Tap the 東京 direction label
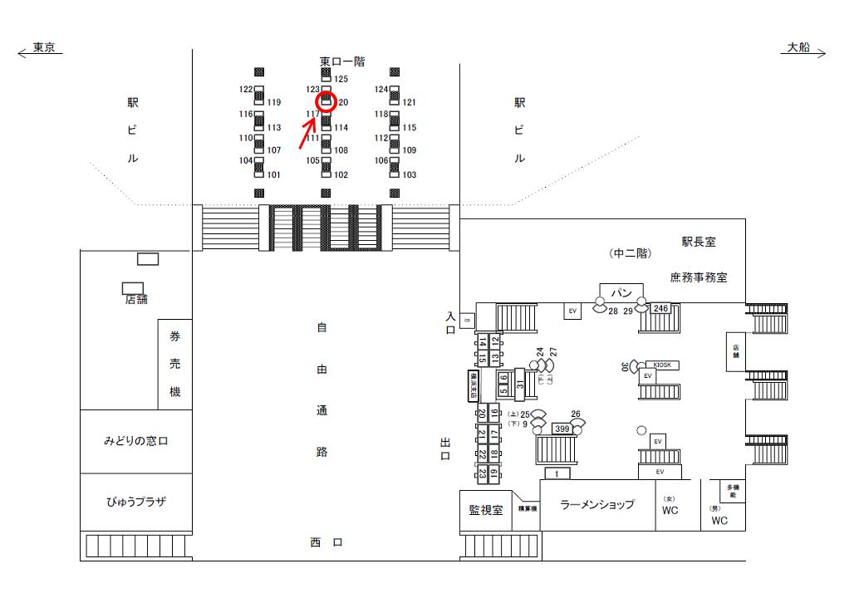point(44,49)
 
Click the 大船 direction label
point(798,49)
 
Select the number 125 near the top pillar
point(341,79)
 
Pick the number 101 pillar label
point(273,175)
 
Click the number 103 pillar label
point(410,175)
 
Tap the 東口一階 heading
point(342,61)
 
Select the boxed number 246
point(660,308)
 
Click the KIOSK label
point(662,365)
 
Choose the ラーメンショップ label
point(596,504)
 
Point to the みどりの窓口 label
point(135,441)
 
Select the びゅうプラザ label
point(135,502)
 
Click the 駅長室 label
point(699,243)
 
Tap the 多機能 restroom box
point(732,490)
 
